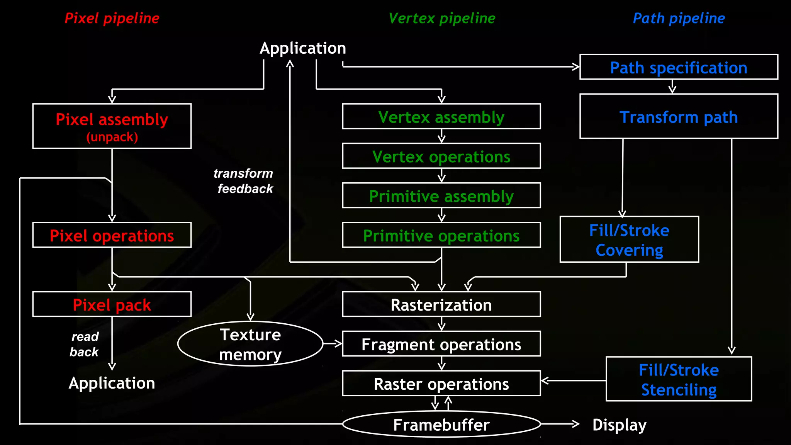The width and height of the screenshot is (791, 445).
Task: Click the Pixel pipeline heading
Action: click(112, 18)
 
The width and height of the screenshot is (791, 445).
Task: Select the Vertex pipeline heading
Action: click(441, 18)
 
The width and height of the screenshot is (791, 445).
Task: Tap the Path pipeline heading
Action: click(679, 18)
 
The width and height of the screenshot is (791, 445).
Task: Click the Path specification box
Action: click(679, 67)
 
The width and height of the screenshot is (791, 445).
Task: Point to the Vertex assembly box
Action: click(441, 116)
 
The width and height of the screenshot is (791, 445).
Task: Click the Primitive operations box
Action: click(441, 235)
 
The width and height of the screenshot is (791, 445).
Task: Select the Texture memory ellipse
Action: click(250, 344)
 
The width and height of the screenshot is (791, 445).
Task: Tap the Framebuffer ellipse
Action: click(441, 424)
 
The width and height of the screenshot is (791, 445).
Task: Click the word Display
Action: click(619, 425)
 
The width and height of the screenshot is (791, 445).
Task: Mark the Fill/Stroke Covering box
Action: click(629, 239)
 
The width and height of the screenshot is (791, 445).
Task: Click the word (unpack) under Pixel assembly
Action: click(112, 137)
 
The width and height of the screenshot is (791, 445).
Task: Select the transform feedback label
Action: click(244, 181)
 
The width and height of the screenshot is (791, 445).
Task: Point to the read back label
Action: click(85, 344)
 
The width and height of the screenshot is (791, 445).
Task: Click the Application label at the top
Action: click(303, 48)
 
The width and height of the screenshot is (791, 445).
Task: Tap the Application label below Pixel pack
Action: click(112, 383)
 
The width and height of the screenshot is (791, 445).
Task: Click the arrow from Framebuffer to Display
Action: click(560, 424)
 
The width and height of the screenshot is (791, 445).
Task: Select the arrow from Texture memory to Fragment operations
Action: click(333, 343)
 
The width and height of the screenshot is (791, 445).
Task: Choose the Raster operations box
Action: click(441, 384)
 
